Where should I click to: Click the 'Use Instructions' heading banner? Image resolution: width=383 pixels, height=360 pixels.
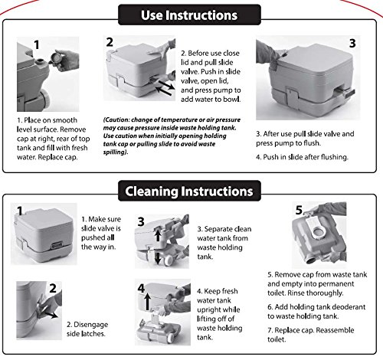[x=189, y=15]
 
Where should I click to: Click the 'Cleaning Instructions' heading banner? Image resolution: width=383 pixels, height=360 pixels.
[x=189, y=191]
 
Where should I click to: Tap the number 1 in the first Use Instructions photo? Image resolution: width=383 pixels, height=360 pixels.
[x=37, y=45]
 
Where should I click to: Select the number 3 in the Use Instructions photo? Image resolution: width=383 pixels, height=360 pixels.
[x=352, y=43]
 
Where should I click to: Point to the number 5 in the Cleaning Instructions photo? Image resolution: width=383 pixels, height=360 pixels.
[x=299, y=210]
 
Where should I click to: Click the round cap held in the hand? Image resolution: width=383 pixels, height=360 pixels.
[x=55, y=58]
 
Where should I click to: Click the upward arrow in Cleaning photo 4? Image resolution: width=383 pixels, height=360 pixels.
[x=148, y=302]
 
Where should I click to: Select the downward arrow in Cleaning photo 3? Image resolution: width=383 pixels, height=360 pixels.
[x=158, y=258]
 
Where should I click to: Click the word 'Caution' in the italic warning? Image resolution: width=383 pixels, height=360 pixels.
[x=117, y=119]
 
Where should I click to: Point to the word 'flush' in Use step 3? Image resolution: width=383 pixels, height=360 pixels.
[x=312, y=143]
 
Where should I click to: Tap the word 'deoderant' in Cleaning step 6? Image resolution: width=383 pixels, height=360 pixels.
[x=350, y=307]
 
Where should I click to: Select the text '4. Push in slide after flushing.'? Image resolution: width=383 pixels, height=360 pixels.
[x=302, y=157]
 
